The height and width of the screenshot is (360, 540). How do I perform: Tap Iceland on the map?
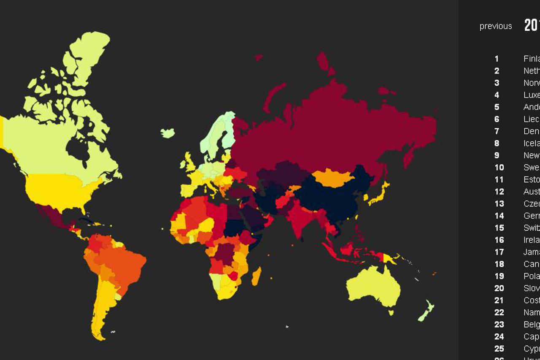167,133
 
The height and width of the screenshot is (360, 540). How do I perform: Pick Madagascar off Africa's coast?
256,276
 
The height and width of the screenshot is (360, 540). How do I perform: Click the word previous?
496,26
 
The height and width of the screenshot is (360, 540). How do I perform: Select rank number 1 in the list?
497,59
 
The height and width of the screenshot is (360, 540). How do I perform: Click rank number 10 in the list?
499,168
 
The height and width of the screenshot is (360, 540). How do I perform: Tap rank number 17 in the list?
499,252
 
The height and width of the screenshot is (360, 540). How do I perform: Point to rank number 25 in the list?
499,349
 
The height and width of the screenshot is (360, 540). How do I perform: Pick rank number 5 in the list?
497,107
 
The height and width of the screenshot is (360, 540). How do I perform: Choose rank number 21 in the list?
499,300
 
